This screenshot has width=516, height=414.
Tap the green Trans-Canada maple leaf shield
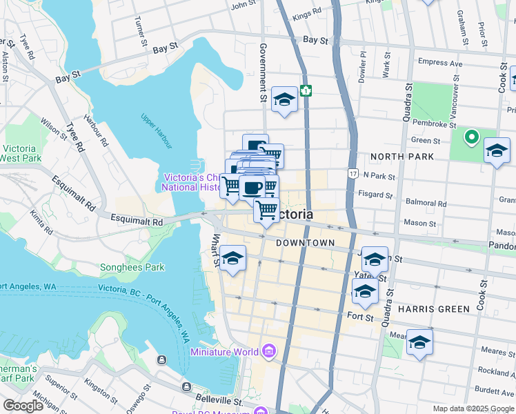click(x=306, y=90)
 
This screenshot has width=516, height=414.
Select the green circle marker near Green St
click(x=472, y=137)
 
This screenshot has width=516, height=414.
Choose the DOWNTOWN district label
click(x=305, y=243)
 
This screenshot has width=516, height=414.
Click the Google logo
click(x=23, y=406)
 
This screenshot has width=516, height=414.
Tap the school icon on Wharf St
click(x=233, y=259)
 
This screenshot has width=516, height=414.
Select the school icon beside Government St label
click(x=284, y=100)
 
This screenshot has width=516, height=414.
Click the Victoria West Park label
click(x=24, y=153)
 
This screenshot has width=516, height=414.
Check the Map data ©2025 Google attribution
click(x=473, y=408)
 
